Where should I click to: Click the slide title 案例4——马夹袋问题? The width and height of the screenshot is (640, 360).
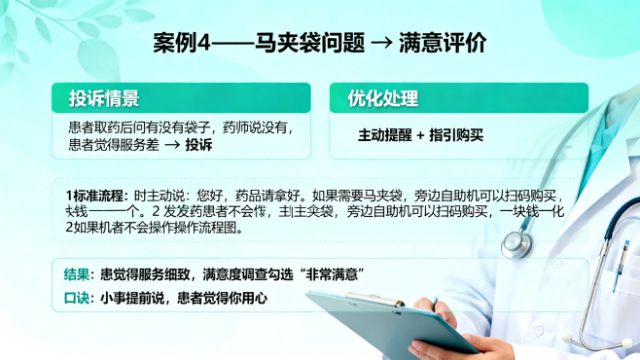(x=259, y=44)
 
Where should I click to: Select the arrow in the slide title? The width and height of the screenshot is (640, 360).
(x=382, y=45)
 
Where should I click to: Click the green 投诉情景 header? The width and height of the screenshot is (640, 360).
(x=104, y=98)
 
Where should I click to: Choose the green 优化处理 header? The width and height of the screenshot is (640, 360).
(x=383, y=98)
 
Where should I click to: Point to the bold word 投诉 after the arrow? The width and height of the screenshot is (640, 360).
(x=198, y=144)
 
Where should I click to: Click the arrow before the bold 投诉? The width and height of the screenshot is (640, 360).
(x=170, y=144)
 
